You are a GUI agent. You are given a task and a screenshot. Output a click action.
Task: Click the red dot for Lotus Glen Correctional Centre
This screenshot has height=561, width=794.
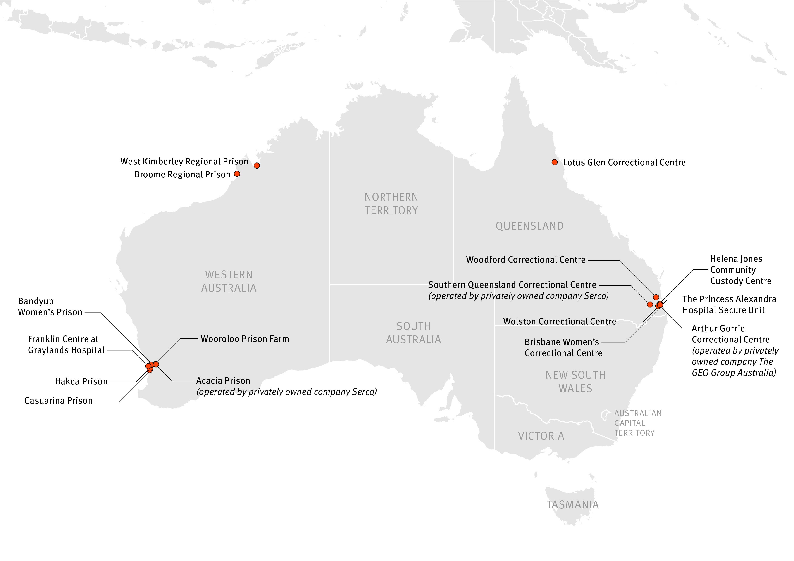pyautogui.click(x=554, y=162)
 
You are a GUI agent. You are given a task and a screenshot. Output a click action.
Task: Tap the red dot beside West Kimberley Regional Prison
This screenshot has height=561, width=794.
pyautogui.click(x=257, y=166)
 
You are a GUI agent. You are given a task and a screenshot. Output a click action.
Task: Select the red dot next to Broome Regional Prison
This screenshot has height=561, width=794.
pyautogui.click(x=237, y=174)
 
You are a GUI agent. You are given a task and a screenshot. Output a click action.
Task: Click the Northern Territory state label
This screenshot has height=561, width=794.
pyautogui.click(x=391, y=204)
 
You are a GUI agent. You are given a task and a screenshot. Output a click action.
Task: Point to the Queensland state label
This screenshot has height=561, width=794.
pyautogui.click(x=529, y=226)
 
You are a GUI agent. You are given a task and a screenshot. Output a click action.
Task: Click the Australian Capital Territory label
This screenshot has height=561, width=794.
pyautogui.click(x=637, y=423)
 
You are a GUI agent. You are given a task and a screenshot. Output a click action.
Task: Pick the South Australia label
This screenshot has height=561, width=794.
pyautogui.click(x=414, y=333)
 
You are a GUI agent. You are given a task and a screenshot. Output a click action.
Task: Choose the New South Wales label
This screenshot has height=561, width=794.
pyautogui.click(x=575, y=382)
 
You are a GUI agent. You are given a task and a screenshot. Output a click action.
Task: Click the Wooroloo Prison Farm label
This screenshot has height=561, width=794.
pyautogui.click(x=245, y=339)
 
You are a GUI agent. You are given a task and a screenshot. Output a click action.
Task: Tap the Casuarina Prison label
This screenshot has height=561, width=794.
pyautogui.click(x=58, y=401)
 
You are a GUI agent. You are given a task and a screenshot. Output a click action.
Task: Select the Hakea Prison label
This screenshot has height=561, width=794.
pyautogui.click(x=81, y=381)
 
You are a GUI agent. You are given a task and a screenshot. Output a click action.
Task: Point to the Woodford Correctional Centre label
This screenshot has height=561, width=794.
pyautogui.click(x=526, y=260)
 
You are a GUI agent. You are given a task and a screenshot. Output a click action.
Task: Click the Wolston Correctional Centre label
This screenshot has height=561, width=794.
pyautogui.click(x=560, y=321)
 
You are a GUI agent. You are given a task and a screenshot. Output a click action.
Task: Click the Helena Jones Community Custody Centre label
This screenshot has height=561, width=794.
pyautogui.click(x=740, y=270)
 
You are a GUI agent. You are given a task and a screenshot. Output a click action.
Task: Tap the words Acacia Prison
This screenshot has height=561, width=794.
pyautogui.click(x=223, y=380)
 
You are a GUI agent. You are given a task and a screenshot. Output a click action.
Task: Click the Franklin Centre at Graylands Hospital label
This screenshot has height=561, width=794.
pyautogui.click(x=66, y=345)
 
